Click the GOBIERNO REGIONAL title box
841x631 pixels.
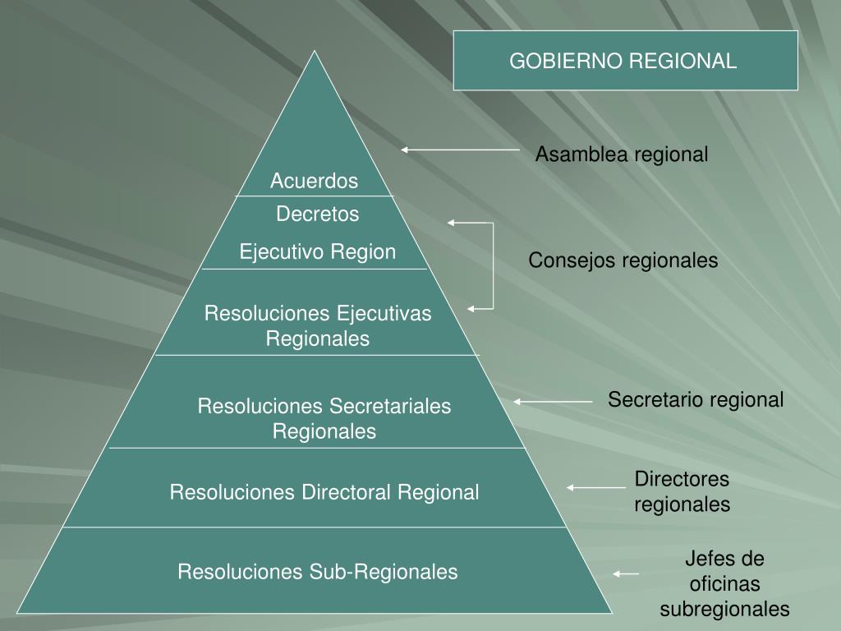(x=625, y=61)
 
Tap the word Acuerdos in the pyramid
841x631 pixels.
(x=315, y=180)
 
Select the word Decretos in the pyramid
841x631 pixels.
(x=318, y=214)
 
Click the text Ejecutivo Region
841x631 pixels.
(x=318, y=251)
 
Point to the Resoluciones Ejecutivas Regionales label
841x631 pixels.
(x=318, y=325)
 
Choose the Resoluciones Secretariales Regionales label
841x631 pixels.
(x=324, y=418)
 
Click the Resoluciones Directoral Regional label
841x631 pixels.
(x=324, y=492)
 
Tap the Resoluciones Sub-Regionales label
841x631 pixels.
(x=318, y=571)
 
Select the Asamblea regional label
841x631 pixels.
(x=622, y=154)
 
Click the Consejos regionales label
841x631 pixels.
(x=623, y=260)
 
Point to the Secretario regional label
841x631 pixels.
(x=696, y=400)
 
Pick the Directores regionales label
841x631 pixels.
(x=682, y=491)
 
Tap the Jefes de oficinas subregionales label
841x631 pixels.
(x=724, y=584)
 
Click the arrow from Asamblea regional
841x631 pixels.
(x=460, y=150)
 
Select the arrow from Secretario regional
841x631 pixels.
(x=553, y=402)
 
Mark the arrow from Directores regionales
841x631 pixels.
(x=596, y=487)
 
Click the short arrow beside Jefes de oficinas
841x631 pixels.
(x=626, y=573)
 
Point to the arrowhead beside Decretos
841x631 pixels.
(x=452, y=222)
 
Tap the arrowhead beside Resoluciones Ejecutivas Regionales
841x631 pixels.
(x=471, y=309)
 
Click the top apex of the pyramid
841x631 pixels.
(x=314, y=52)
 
